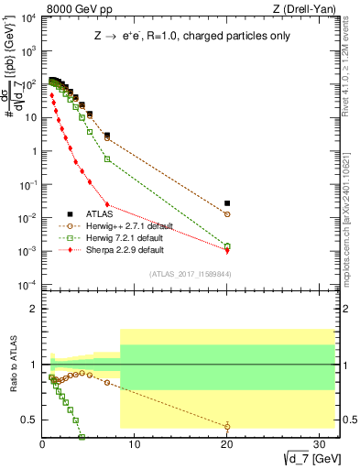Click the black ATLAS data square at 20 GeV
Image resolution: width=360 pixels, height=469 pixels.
coord(227,203)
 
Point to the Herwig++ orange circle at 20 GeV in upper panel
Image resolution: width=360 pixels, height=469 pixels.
coord(227,214)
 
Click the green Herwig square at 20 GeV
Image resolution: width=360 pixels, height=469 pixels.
coord(227,245)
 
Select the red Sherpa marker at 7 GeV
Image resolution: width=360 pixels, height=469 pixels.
coord(107,204)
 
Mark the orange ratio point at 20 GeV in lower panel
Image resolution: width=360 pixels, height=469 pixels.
coord(227,426)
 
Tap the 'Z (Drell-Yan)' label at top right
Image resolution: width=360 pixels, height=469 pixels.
coord(304,8)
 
